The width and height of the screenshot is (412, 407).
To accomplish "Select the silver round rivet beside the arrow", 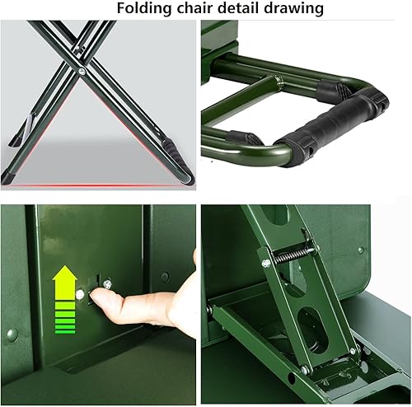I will click(x=81, y=293).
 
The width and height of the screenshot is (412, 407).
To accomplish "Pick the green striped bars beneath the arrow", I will click(x=64, y=318).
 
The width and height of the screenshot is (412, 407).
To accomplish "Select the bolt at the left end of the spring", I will click(x=266, y=263).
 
